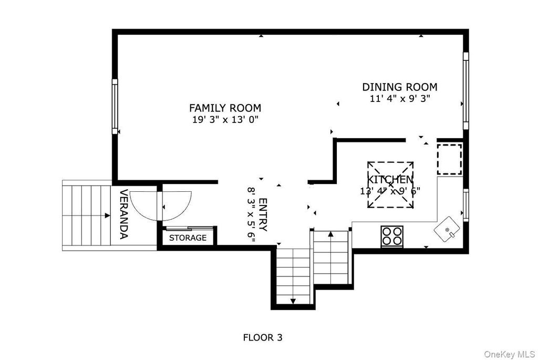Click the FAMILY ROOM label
coord(225,108)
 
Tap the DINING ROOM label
coord(400,87)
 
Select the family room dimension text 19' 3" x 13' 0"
coord(225,120)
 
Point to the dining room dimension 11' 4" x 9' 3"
coord(400,98)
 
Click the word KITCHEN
coord(390,180)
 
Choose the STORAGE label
coord(188,238)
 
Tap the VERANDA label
coord(123,214)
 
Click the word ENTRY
coord(263,214)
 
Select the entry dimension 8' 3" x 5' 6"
coord(251,215)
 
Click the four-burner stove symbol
coord(392,236)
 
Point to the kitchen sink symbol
coord(447,229)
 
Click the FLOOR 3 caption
coord(263,338)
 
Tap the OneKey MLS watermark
coord(509,354)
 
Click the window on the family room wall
coord(115,106)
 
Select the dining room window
coord(466,91)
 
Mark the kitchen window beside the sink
coord(466,204)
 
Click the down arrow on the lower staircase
coord(293,301)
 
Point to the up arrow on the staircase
coord(331,234)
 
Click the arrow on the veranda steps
coord(107,215)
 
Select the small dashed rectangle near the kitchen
coord(450,160)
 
